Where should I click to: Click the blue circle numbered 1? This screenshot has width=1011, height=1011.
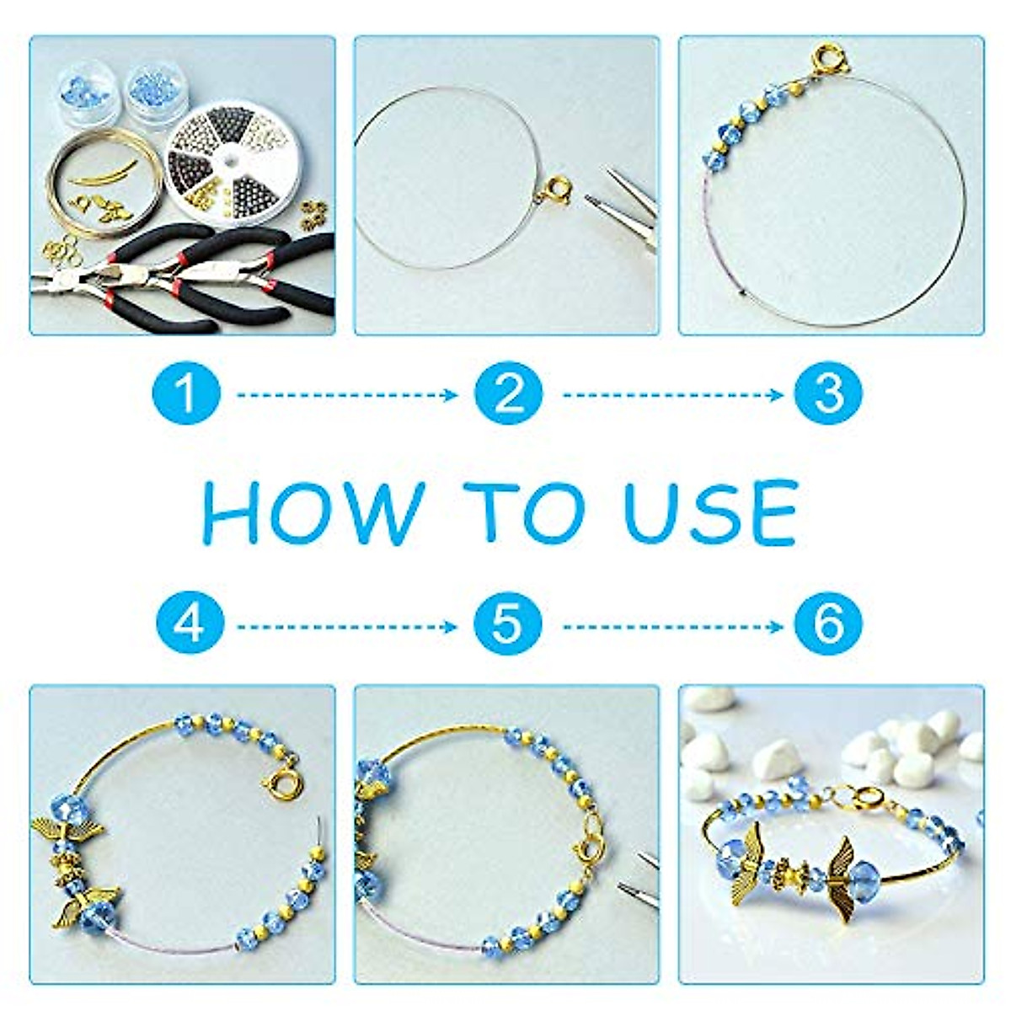click(186, 393)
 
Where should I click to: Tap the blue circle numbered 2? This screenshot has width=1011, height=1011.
click(507, 393)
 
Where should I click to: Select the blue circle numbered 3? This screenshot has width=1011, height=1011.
click(828, 393)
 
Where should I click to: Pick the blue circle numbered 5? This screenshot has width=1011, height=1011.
click(507, 625)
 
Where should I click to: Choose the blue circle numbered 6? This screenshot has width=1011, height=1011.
click(828, 625)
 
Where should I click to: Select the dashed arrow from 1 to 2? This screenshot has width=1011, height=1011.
click(346, 394)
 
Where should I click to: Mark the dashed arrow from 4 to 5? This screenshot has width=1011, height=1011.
click(346, 626)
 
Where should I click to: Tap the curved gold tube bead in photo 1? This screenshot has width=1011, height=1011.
click(102, 172)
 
